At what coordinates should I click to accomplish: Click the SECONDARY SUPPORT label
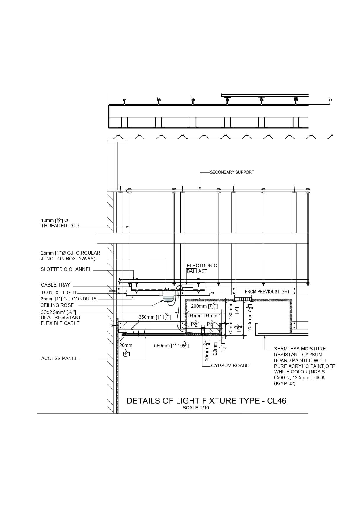(232, 172)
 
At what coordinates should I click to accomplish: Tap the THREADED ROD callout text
(60, 226)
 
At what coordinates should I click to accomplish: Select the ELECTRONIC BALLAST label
(201, 268)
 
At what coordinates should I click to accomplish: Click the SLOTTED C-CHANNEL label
(66, 269)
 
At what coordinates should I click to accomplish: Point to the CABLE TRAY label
(55, 285)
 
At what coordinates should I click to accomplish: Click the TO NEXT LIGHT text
(59, 292)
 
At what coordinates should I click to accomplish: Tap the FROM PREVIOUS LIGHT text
(267, 291)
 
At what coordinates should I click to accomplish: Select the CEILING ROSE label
(57, 305)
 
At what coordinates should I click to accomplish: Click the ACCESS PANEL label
(59, 359)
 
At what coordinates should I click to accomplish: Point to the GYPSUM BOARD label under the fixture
(230, 366)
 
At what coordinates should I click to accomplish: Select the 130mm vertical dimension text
(231, 312)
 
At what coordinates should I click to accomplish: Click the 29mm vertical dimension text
(215, 348)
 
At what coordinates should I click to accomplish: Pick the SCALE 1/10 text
(196, 408)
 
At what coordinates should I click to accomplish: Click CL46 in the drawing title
(276, 401)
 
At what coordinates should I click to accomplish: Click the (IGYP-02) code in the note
(285, 384)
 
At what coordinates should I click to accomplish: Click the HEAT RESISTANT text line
(61, 317)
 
